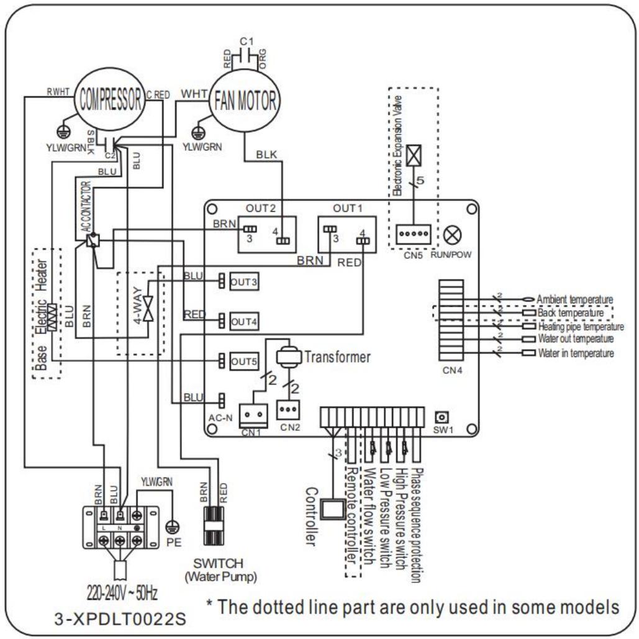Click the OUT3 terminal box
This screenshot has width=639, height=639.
tap(243, 281)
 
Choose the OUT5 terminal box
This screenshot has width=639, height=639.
tap(243, 360)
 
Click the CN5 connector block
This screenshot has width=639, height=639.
tap(410, 234)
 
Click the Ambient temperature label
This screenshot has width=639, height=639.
tap(575, 299)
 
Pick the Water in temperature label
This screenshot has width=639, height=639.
tap(575, 353)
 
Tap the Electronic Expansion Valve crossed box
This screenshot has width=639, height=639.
tap(411, 158)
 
